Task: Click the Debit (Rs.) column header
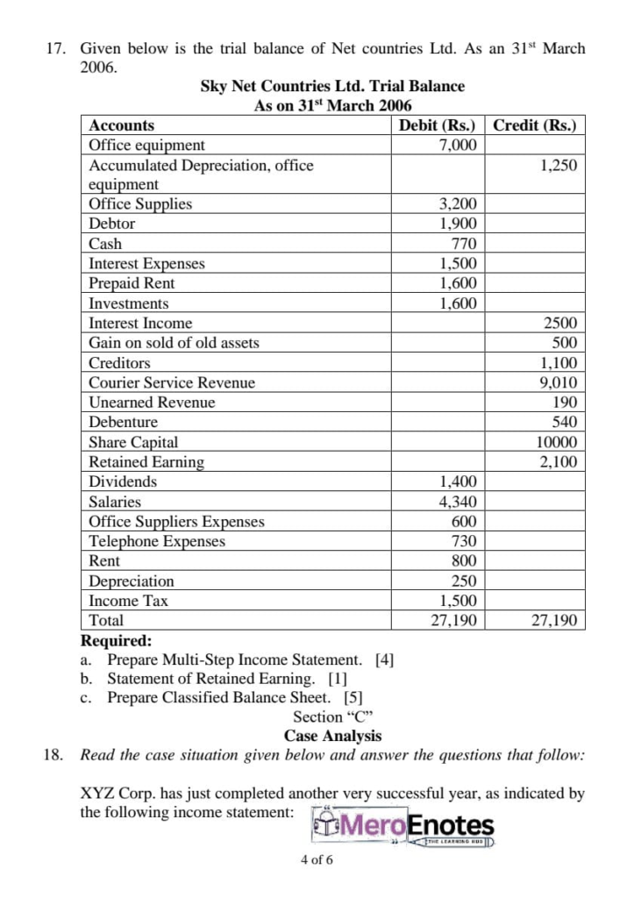point(437,125)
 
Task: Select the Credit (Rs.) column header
point(534,125)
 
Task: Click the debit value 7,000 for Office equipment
point(458,146)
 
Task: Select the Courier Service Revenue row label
point(172,382)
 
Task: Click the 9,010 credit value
point(559,382)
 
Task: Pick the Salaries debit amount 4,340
point(458,502)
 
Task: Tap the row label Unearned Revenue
point(152,403)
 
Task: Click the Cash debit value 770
point(464,244)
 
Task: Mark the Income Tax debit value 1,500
point(458,601)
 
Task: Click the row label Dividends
point(123,481)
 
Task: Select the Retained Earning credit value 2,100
point(559,462)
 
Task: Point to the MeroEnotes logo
point(403,828)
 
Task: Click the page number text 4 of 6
point(317,860)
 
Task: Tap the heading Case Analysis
point(332,736)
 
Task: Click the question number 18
point(53,755)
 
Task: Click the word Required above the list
point(116,640)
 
